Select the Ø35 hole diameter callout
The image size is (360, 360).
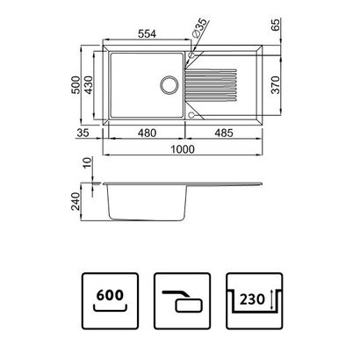click(x=201, y=26)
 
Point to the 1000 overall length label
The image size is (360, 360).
click(x=184, y=150)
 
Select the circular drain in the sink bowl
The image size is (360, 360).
click(x=168, y=86)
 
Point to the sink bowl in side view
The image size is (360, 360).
click(x=146, y=206)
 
